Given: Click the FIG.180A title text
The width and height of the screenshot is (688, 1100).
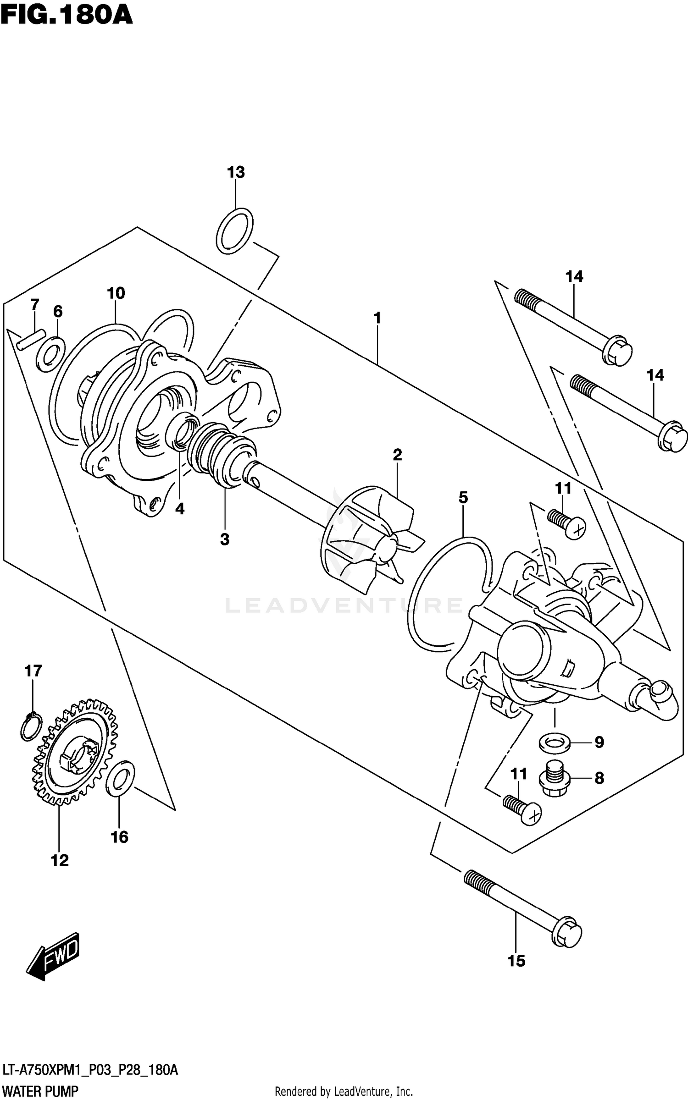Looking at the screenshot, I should pyautogui.click(x=67, y=15).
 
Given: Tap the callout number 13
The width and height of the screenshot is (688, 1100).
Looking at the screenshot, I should pyautogui.click(x=236, y=172).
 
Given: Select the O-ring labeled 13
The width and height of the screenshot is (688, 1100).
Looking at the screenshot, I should pyautogui.click(x=234, y=231).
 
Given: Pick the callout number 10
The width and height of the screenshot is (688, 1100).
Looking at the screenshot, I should pyautogui.click(x=116, y=293).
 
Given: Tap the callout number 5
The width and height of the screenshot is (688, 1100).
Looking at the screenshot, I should pyautogui.click(x=463, y=497).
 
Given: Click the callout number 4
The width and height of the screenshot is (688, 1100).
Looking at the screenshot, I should pyautogui.click(x=180, y=509).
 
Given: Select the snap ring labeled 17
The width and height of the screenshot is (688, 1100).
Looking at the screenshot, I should pyautogui.click(x=31, y=726).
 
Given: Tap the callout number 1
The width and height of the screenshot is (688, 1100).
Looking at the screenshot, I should pyautogui.click(x=377, y=318).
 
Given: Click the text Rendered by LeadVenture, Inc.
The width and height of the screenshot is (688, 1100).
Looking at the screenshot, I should pyautogui.click(x=344, y=1091).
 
